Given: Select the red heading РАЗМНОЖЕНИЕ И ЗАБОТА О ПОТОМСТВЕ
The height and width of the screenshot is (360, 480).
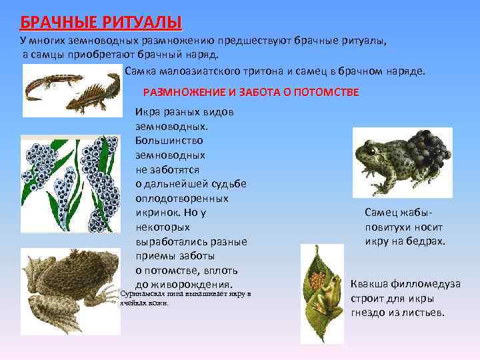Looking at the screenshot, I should [x=251, y=92].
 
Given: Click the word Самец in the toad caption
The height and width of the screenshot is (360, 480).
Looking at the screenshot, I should [x=381, y=213].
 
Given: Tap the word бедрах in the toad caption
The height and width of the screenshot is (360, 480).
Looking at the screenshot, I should [x=426, y=241].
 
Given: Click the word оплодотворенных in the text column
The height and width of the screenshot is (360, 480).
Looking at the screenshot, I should [x=182, y=198].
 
